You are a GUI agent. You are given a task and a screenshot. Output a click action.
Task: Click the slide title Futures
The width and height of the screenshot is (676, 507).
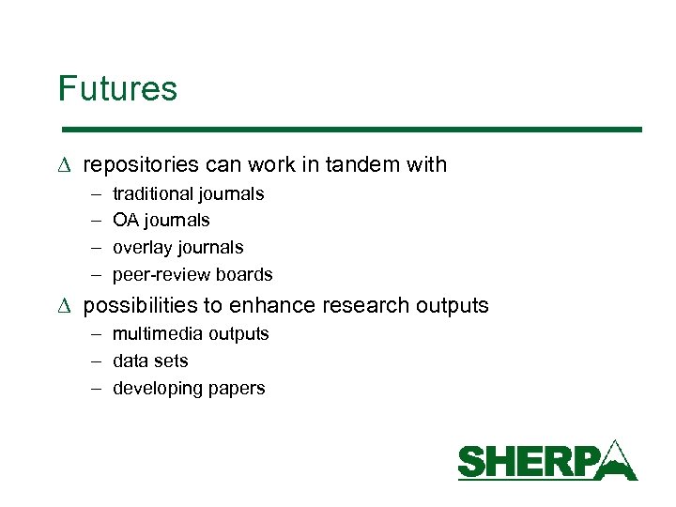pos(117,89)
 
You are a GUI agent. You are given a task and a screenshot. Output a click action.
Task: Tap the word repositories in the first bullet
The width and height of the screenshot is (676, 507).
pos(141,165)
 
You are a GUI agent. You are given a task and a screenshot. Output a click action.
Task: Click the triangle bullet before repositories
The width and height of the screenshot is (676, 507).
pos(64,165)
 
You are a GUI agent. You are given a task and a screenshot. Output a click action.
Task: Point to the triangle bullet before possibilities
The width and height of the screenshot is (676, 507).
pos(64,306)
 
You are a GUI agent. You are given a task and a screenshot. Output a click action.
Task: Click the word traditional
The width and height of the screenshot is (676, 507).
pos(154,194)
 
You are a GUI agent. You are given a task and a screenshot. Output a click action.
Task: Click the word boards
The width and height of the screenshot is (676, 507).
pos(243,275)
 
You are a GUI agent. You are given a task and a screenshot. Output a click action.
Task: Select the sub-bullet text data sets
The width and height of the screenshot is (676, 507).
pos(150,361)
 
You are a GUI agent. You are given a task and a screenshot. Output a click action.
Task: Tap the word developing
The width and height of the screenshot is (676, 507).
pos(158,389)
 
